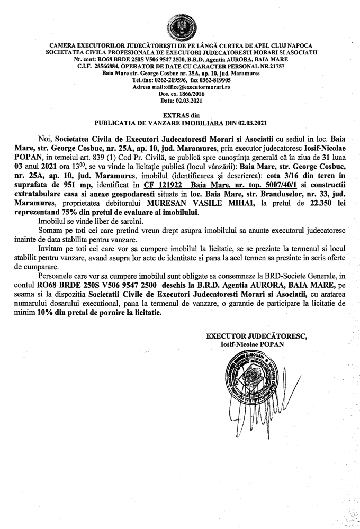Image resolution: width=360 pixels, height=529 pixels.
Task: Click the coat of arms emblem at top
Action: [179, 25]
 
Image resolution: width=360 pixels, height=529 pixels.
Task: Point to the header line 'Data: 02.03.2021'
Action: [179, 99]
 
